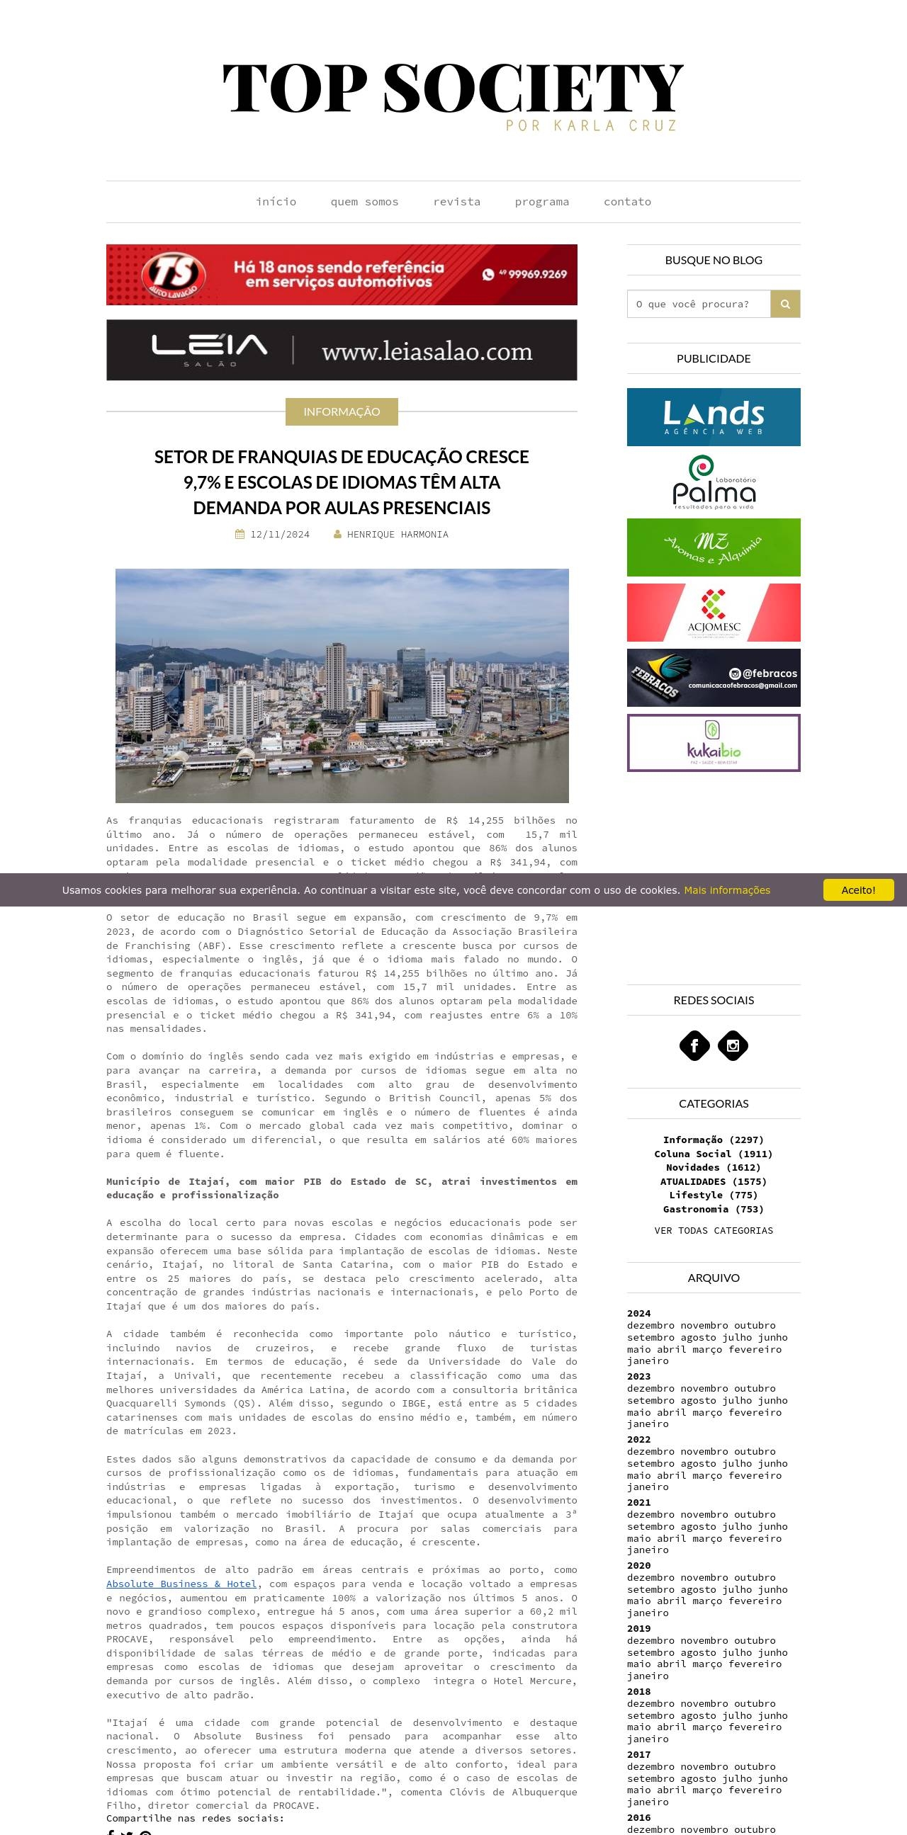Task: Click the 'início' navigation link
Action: click(x=276, y=202)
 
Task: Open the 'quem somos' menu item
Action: click(x=364, y=202)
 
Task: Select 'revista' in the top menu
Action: click(x=457, y=202)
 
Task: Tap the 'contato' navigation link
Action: click(x=627, y=202)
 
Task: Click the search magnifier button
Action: click(x=785, y=304)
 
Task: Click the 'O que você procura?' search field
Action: click(x=698, y=304)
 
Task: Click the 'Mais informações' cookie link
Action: click(x=727, y=890)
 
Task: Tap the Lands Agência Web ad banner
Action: click(x=714, y=416)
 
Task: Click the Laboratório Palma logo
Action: click(x=714, y=482)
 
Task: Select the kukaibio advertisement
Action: click(x=714, y=743)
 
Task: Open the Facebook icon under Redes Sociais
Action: click(x=694, y=1046)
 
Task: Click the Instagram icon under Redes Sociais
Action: click(x=733, y=1046)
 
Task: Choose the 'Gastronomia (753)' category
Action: click(x=714, y=1209)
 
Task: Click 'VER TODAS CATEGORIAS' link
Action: click(x=714, y=1230)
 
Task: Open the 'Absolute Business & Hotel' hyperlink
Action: click(x=181, y=1584)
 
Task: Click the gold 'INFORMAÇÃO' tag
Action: click(x=342, y=411)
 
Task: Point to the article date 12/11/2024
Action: click(x=279, y=534)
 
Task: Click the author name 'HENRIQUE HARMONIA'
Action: click(x=397, y=534)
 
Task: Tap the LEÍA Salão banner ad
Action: click(x=342, y=350)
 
